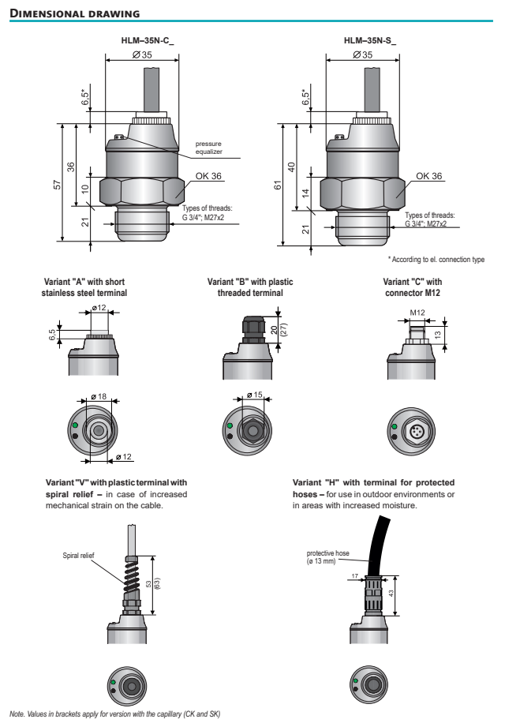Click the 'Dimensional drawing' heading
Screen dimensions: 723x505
tap(76, 13)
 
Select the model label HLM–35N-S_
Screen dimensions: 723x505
tap(369, 39)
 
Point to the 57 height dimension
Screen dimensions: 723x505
tap(55, 183)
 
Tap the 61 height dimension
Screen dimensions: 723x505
tap(278, 185)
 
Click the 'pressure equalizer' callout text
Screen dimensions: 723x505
tap(209, 147)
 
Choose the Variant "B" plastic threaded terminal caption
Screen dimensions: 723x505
tap(249, 287)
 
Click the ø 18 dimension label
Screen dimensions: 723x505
tap(98, 396)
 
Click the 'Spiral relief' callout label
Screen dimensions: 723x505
tap(78, 556)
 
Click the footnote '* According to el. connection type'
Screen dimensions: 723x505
tap(436, 260)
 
